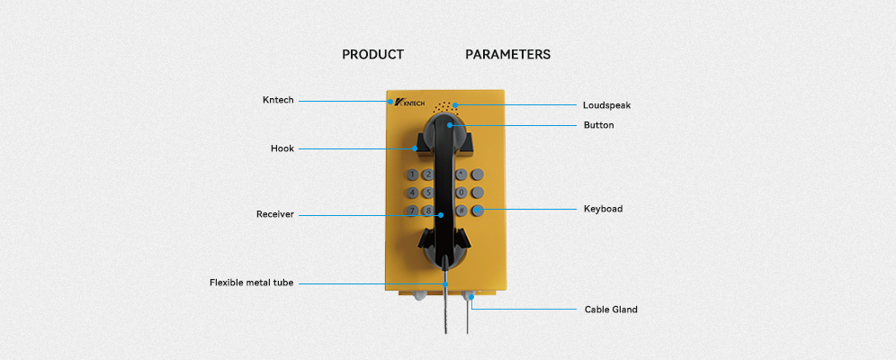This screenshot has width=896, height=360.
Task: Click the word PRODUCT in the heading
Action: click(x=372, y=55)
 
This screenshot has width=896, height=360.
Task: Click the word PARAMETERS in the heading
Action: click(x=507, y=55)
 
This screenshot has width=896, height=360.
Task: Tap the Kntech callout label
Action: click(x=277, y=101)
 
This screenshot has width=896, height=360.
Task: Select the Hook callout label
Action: click(x=282, y=148)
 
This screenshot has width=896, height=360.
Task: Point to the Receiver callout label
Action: click(x=275, y=215)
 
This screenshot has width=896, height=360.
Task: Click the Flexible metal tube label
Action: click(x=251, y=283)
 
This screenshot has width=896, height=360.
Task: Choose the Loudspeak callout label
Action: click(x=606, y=105)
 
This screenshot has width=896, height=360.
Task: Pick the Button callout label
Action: click(x=598, y=125)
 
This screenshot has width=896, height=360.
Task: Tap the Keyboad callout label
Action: click(x=603, y=209)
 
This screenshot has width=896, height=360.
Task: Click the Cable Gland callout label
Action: click(x=611, y=310)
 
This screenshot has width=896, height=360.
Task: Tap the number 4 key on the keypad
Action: click(x=412, y=193)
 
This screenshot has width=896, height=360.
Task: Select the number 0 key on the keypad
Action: click(x=461, y=193)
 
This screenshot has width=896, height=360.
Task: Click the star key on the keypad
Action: click(x=461, y=174)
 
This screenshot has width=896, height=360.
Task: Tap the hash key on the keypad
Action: click(x=461, y=211)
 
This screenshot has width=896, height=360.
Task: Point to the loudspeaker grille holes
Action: click(x=445, y=106)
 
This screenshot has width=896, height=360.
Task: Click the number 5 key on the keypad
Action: click(x=428, y=193)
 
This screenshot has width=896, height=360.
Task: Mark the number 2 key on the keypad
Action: click(x=428, y=175)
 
